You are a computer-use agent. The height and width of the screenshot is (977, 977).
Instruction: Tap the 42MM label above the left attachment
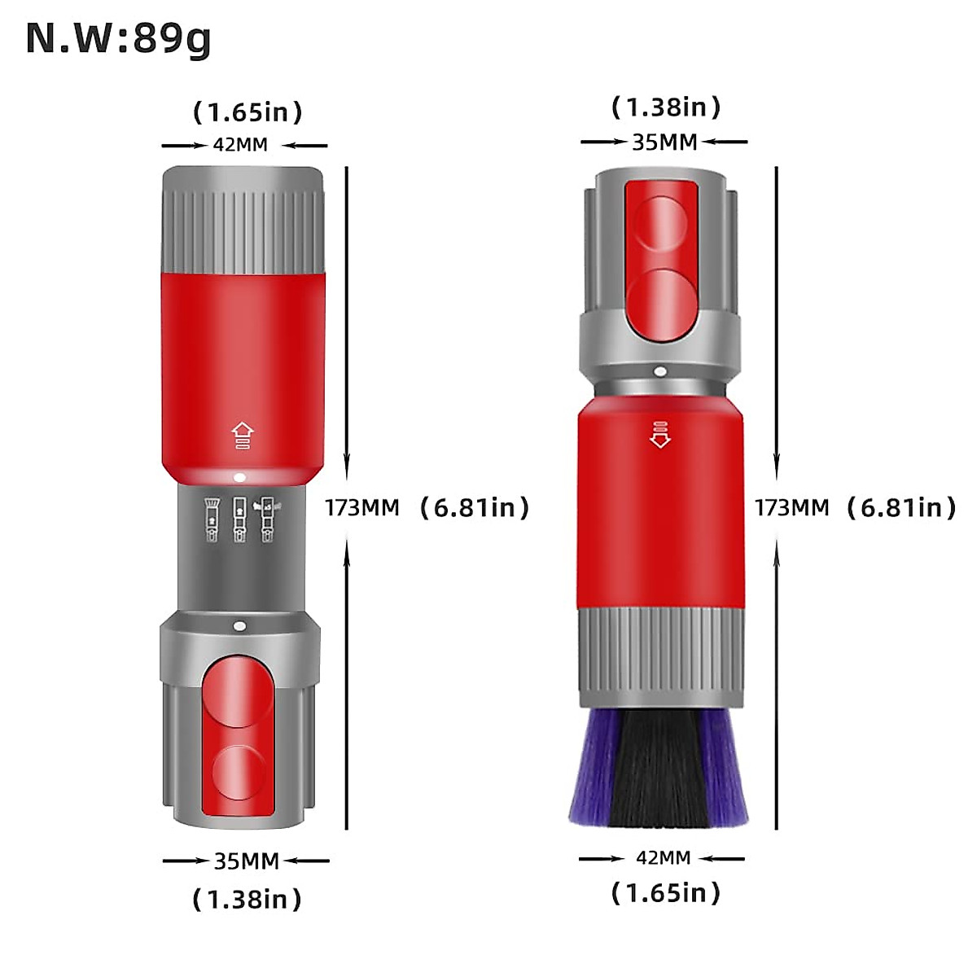coord(240,145)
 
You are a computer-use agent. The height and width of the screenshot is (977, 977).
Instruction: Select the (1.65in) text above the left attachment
coord(248,112)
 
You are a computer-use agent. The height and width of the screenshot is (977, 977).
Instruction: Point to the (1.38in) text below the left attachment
coord(247,899)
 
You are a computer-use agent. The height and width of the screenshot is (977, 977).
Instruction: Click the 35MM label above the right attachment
coord(664,142)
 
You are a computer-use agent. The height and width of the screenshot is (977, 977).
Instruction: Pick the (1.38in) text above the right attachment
coord(666,107)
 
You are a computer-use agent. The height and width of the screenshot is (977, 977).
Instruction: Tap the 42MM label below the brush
coord(664,858)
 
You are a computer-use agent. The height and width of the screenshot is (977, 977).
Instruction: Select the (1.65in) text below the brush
coord(666,893)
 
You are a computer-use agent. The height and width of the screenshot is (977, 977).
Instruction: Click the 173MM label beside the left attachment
coord(362,507)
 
